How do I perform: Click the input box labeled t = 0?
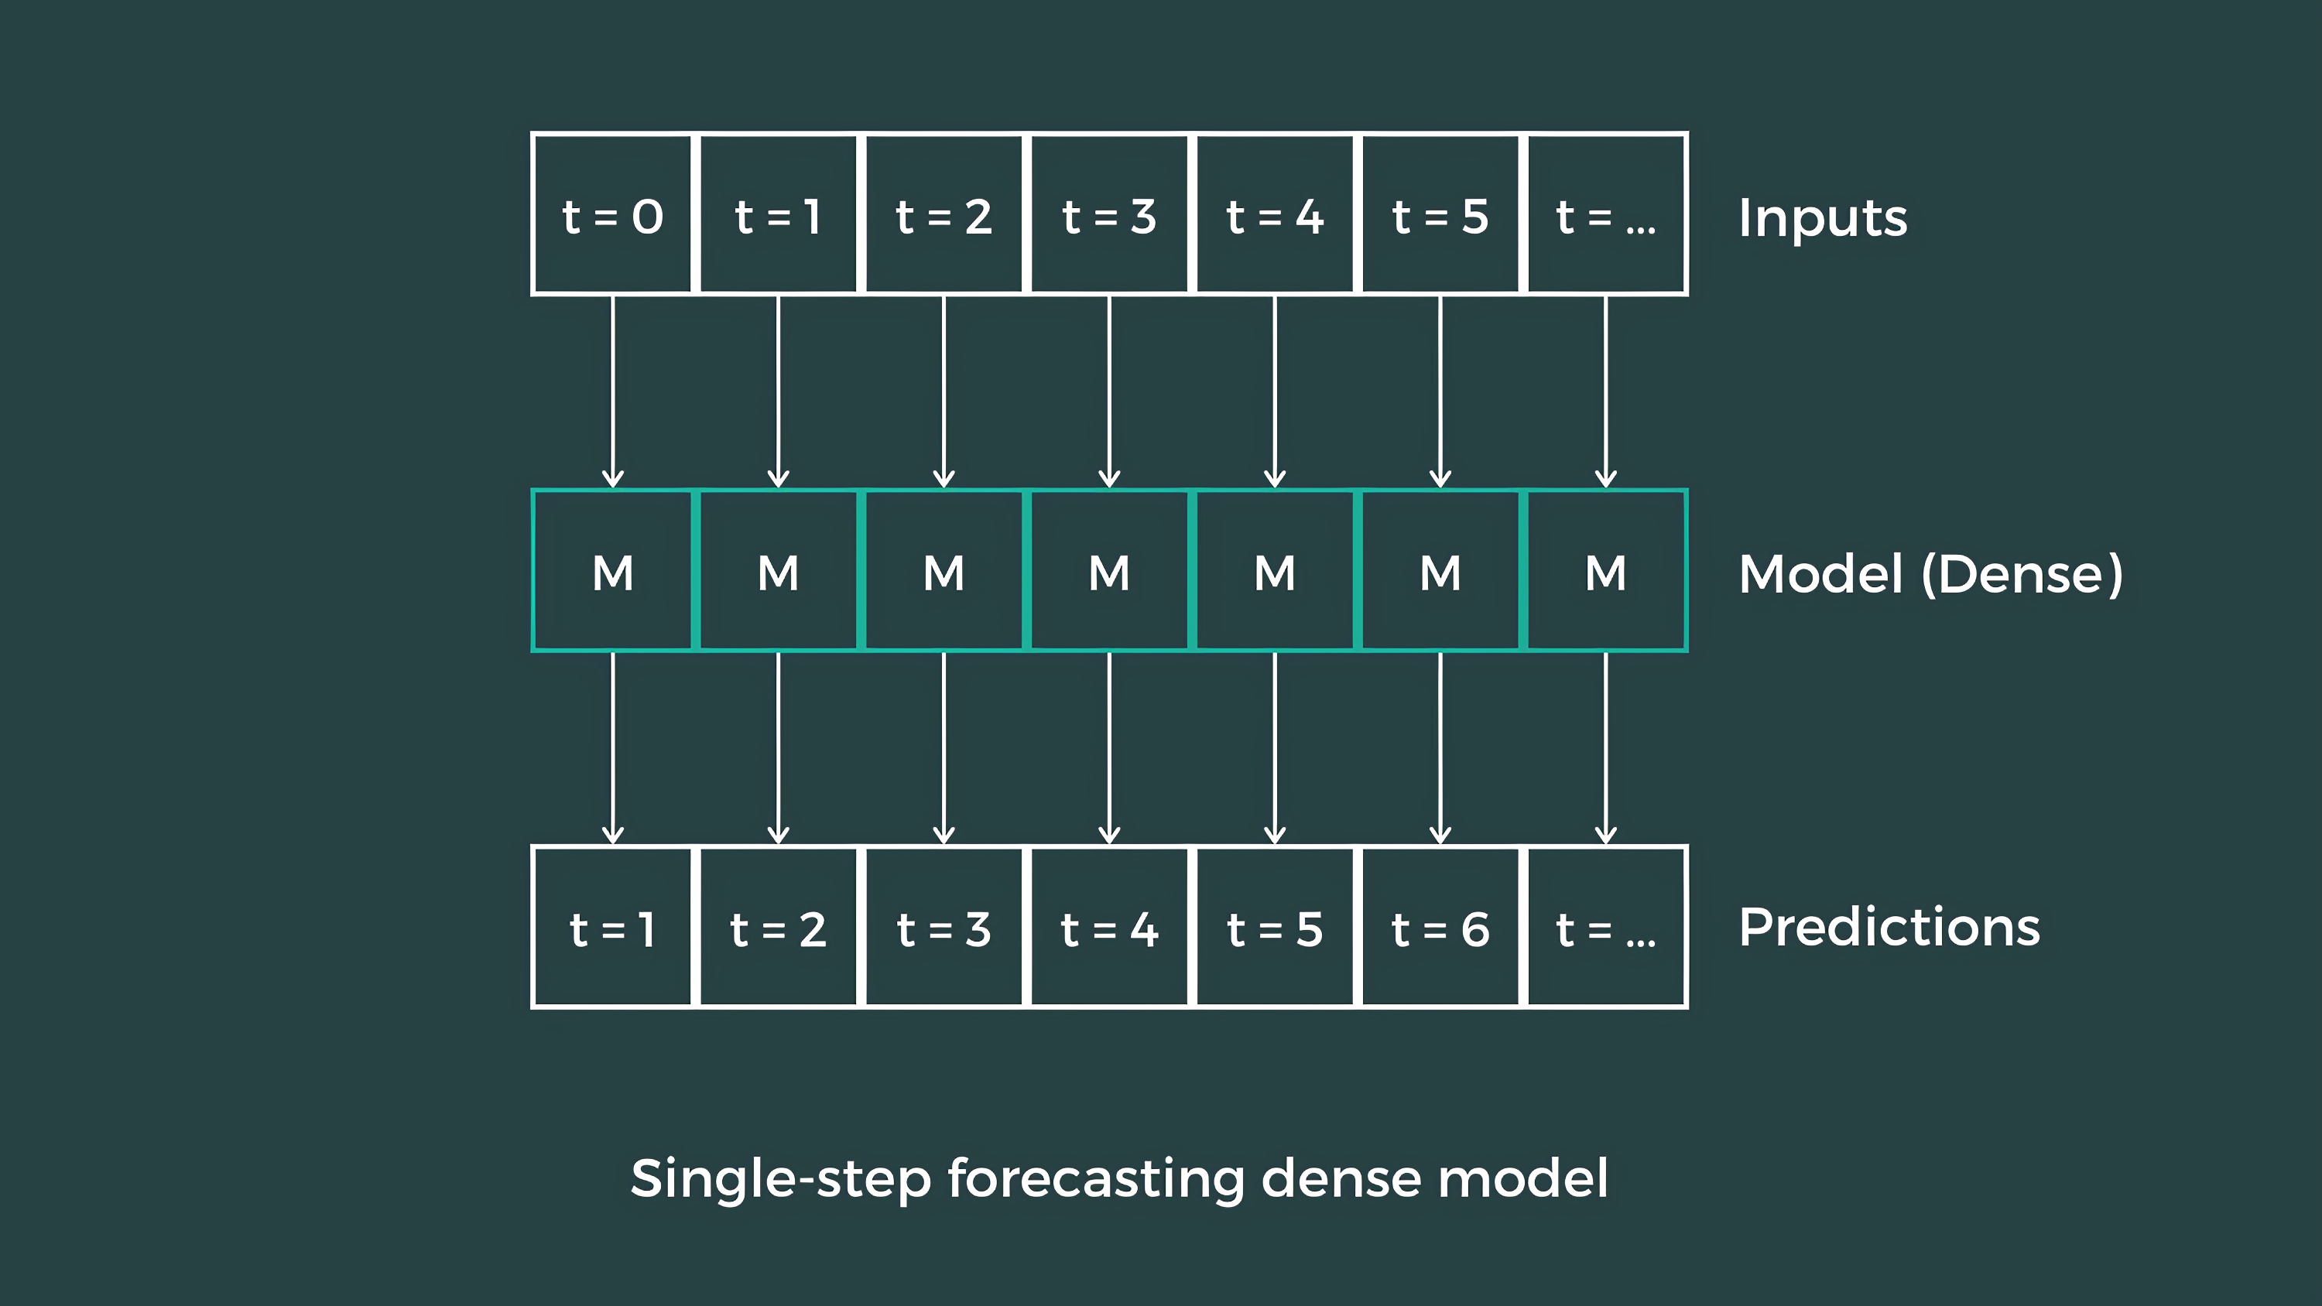(x=612, y=214)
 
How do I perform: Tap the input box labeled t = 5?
(x=1440, y=214)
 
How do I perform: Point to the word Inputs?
(x=1822, y=218)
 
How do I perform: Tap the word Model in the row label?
(x=1820, y=573)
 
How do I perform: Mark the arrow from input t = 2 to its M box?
(x=944, y=392)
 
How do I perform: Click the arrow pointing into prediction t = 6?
(x=1440, y=748)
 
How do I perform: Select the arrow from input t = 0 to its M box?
(x=613, y=392)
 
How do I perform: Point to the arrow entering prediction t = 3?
(x=944, y=748)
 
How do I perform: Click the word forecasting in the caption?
(x=1095, y=1179)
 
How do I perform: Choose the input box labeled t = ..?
(x=1605, y=214)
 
